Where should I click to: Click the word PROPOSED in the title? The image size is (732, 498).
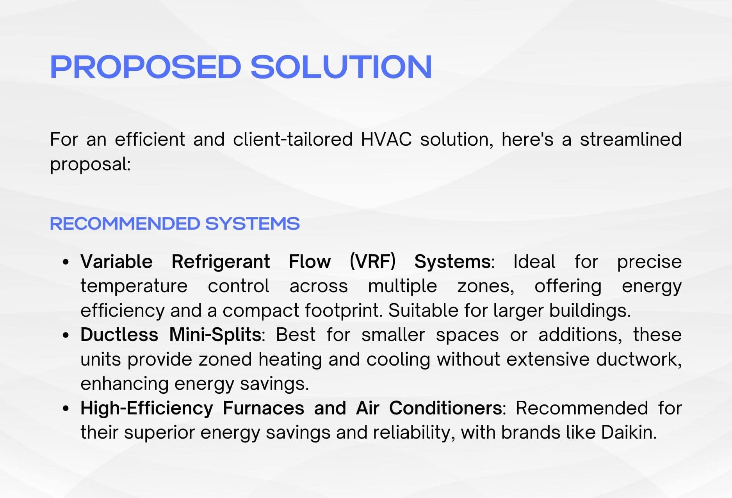146,67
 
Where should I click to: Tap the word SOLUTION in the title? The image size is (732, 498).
341,67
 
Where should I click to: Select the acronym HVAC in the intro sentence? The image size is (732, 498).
386,139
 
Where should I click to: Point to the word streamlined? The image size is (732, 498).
630,139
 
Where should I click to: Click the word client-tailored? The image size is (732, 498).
293,139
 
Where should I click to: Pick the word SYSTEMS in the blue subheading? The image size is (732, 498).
252,224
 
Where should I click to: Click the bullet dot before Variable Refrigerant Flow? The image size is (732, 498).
66,262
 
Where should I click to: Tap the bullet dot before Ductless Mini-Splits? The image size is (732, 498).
66,335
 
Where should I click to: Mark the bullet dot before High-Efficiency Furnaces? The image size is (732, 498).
66,409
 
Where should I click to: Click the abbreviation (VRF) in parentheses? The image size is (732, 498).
372,261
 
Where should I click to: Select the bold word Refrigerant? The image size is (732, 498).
221,262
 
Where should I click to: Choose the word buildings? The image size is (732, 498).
590,311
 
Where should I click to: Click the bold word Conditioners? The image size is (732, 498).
445,408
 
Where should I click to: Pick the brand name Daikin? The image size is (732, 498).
629,432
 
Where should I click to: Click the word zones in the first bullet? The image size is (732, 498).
486,286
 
